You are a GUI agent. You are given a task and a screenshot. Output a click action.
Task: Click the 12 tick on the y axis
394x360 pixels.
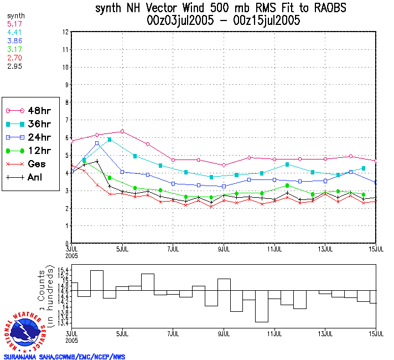tap(66, 32)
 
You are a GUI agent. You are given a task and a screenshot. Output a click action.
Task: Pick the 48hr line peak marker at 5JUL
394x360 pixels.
tap(122, 131)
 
